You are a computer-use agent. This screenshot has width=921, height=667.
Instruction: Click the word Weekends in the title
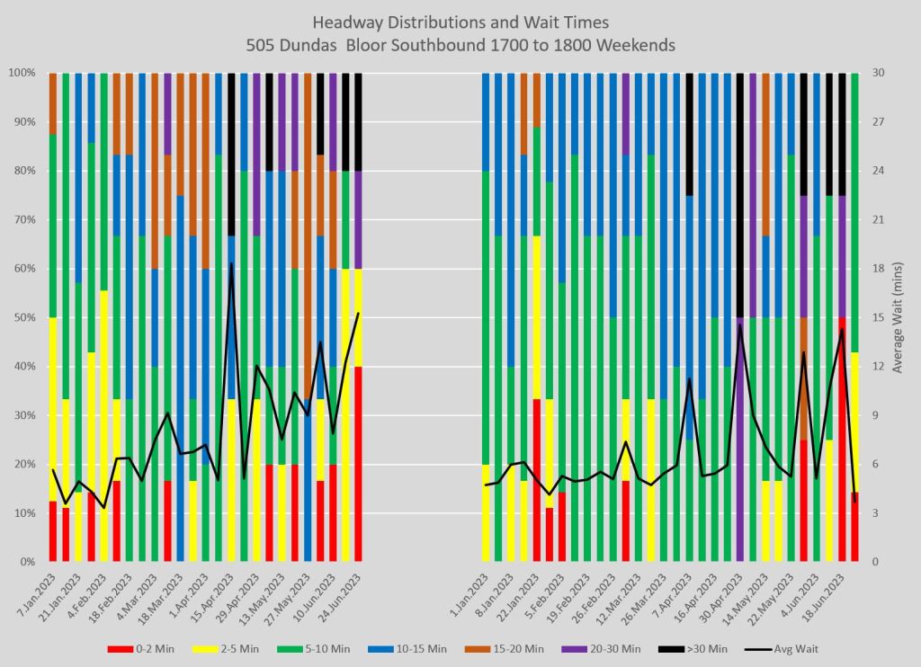coord(636,44)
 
